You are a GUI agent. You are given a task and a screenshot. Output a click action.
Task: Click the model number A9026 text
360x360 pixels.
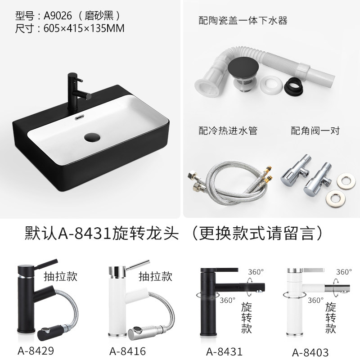click(58, 16)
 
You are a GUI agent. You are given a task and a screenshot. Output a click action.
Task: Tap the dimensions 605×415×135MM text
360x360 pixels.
click(84, 28)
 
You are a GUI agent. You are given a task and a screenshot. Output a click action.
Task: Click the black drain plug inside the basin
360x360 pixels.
click(92, 137)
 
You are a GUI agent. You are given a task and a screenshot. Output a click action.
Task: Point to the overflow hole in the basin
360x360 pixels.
click(80, 117)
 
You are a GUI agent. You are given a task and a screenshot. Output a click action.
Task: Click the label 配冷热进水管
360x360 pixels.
click(228, 130)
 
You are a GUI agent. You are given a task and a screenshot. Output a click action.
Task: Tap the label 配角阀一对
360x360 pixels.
click(315, 130)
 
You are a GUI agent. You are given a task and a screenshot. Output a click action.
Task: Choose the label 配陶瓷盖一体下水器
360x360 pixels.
click(243, 20)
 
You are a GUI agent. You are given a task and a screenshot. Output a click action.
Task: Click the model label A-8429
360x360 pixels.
click(36, 351)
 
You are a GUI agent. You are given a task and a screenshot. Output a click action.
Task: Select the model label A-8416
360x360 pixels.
click(127, 351)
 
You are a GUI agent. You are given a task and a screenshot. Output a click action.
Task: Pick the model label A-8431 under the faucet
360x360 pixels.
click(224, 351)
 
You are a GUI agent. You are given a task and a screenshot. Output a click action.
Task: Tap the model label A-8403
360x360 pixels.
click(310, 352)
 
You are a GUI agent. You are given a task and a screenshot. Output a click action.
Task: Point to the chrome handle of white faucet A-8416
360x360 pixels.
click(137, 265)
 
